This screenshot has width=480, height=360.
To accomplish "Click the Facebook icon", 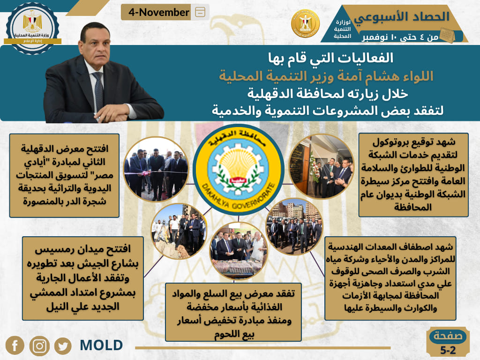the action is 15,345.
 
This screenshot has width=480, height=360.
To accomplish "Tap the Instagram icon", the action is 39,346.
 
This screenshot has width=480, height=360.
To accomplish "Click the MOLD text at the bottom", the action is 101,345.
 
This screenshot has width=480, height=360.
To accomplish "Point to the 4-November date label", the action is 159,12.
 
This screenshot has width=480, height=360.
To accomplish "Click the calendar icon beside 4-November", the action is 200,12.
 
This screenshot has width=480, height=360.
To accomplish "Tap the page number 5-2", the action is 448,350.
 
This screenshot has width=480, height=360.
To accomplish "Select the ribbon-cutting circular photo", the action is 156,169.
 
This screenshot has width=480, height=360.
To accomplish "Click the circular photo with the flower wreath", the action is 322,166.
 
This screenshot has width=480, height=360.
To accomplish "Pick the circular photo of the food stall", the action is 239,251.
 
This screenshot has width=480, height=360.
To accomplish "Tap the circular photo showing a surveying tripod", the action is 179,231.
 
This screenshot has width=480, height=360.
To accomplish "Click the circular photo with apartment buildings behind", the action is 294,226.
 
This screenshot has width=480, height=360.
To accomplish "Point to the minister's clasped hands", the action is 112,113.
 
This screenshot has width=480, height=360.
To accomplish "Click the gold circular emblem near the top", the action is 306,23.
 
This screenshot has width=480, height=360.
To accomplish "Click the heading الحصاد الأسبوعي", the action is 402,17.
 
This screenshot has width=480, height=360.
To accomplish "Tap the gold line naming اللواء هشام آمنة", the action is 326,76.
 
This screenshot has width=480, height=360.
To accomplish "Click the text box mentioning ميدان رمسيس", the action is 82,278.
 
